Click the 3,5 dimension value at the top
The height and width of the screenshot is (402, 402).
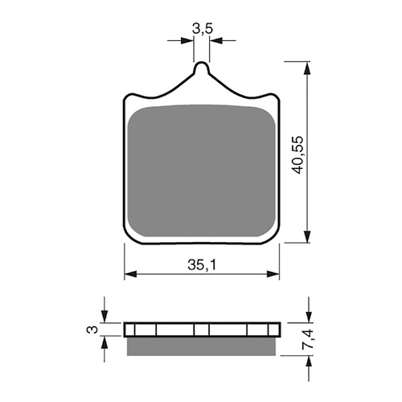(202, 30)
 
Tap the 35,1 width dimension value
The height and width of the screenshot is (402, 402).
(202, 263)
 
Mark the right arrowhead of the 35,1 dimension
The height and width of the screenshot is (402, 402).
(274, 274)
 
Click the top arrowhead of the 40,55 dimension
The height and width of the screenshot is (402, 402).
(306, 65)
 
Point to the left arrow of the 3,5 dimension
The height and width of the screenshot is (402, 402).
(190, 39)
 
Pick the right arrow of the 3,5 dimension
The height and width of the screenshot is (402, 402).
(215, 39)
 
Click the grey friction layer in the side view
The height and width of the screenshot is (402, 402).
(201, 345)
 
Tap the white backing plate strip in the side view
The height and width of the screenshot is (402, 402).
(201, 330)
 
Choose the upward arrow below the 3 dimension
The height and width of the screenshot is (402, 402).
(105, 342)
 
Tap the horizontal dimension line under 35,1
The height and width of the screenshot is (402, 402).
(201, 274)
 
